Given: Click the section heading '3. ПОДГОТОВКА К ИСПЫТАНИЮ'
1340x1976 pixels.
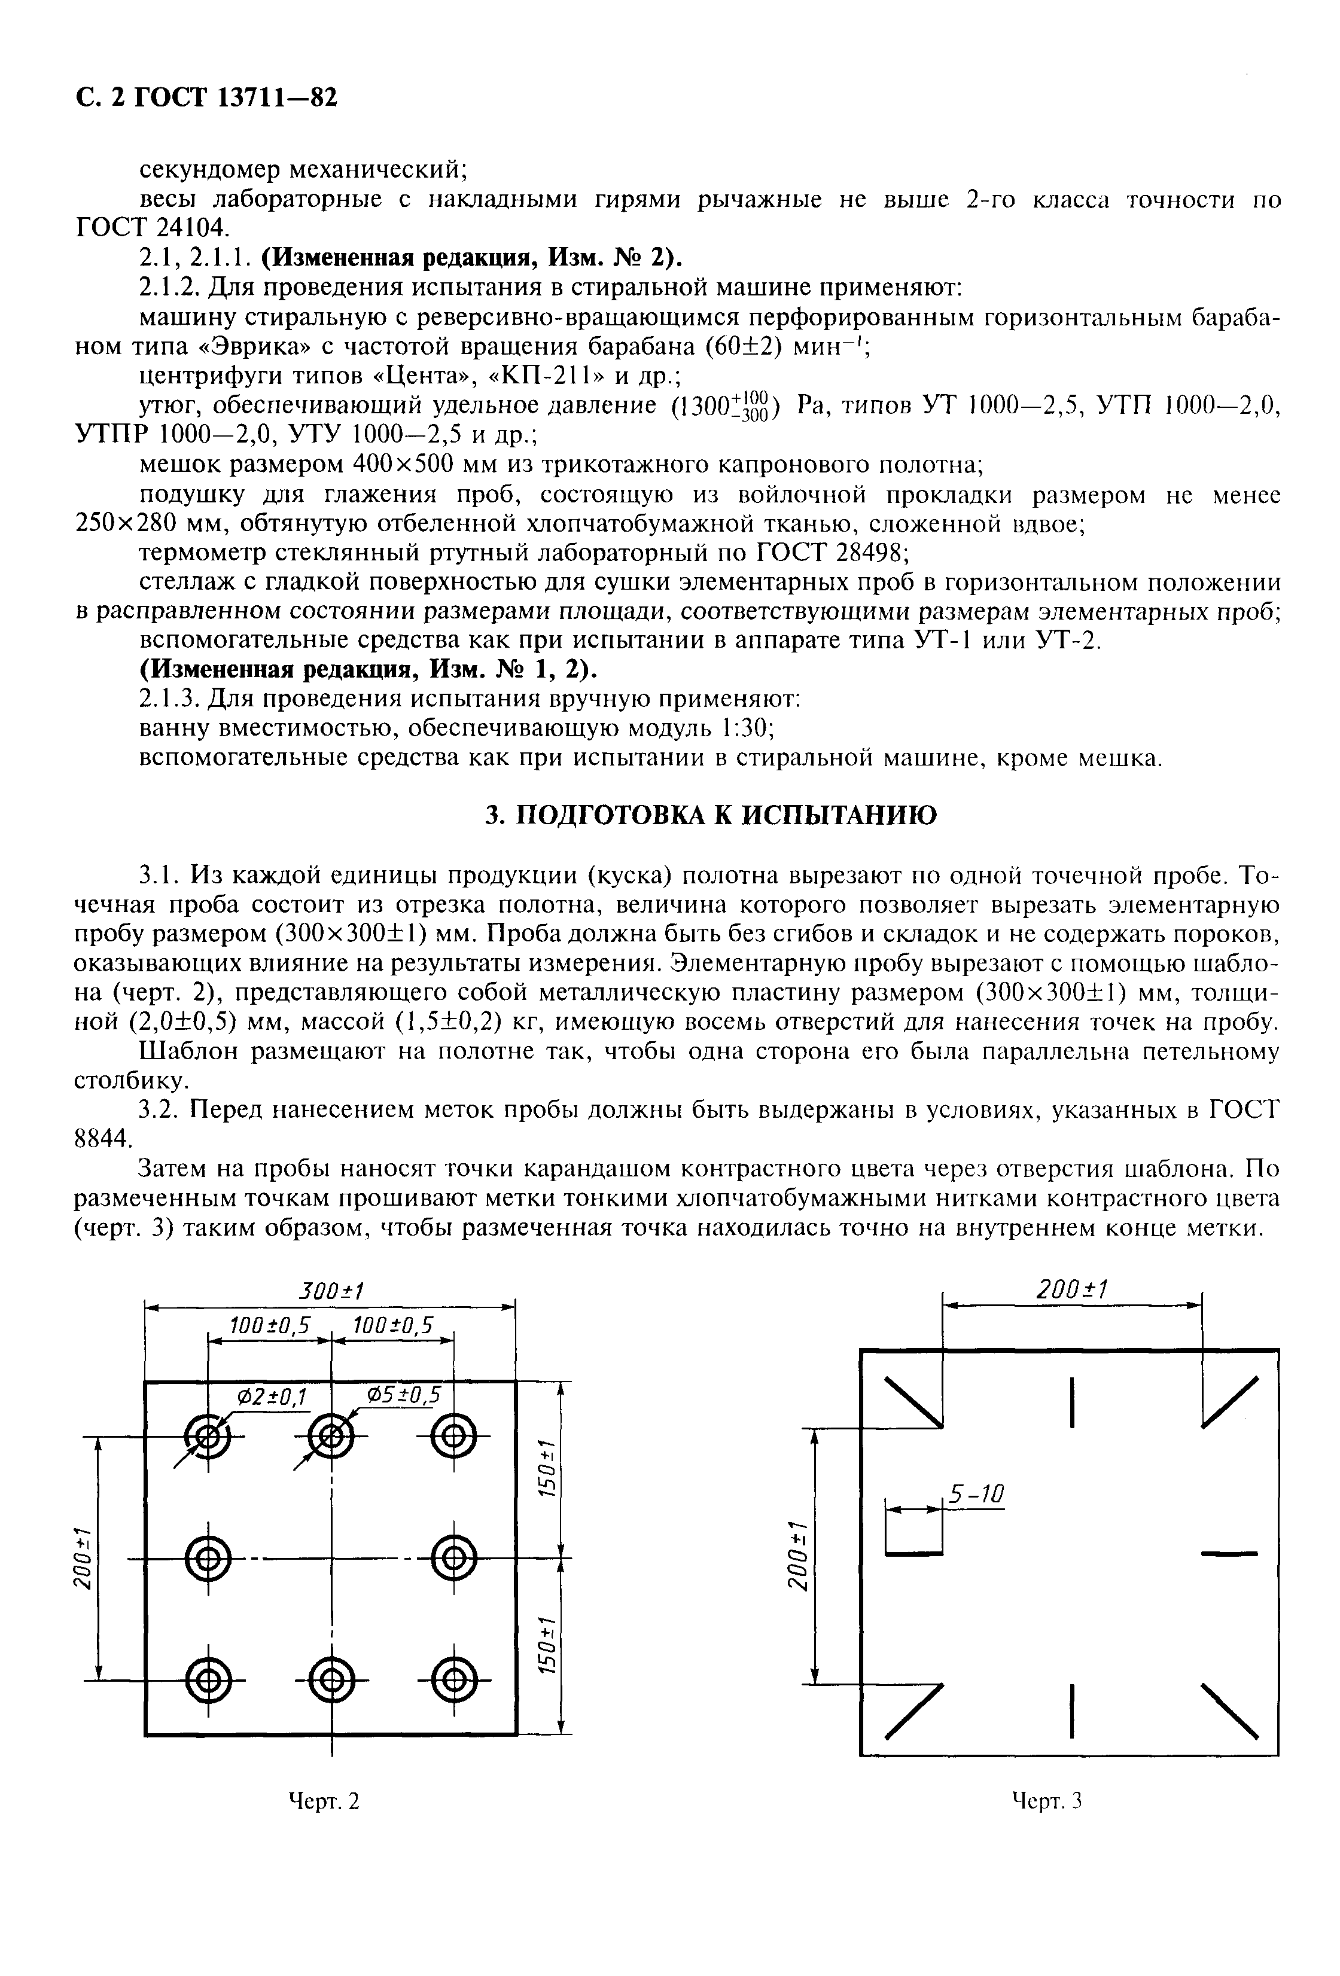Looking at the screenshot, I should coord(711,815).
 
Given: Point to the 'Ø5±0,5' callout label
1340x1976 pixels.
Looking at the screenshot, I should coord(403,1395).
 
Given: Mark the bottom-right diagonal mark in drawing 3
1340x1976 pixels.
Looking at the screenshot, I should coord(1229,1709).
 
